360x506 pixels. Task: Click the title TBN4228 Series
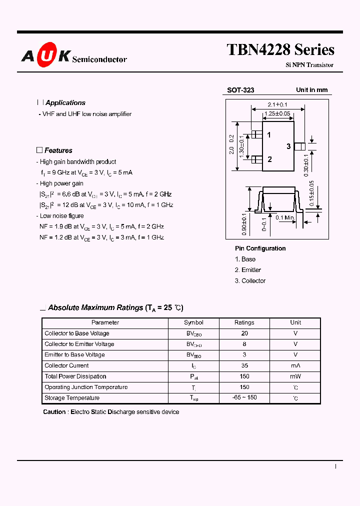[280, 50]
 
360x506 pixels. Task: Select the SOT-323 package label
[240, 90]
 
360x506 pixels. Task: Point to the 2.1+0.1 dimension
[277, 104]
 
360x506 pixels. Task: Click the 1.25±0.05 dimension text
[277, 113]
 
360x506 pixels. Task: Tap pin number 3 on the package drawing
[288, 146]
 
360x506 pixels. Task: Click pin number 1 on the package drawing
[269, 135]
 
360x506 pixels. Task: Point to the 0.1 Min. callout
[286, 217]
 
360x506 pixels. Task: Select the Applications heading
[65, 103]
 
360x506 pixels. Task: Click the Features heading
[58, 150]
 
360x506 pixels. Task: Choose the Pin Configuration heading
[260, 248]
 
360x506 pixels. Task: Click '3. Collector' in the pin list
[250, 281]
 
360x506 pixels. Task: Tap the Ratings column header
[244, 322]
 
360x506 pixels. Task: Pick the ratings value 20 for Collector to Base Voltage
[244, 333]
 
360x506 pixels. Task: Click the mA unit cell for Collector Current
[295, 365]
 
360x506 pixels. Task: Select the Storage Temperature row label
[72, 398]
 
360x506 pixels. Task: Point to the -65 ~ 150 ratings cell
[244, 398]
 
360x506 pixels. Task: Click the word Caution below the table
[54, 412]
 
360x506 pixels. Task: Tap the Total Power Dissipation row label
[75, 376]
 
